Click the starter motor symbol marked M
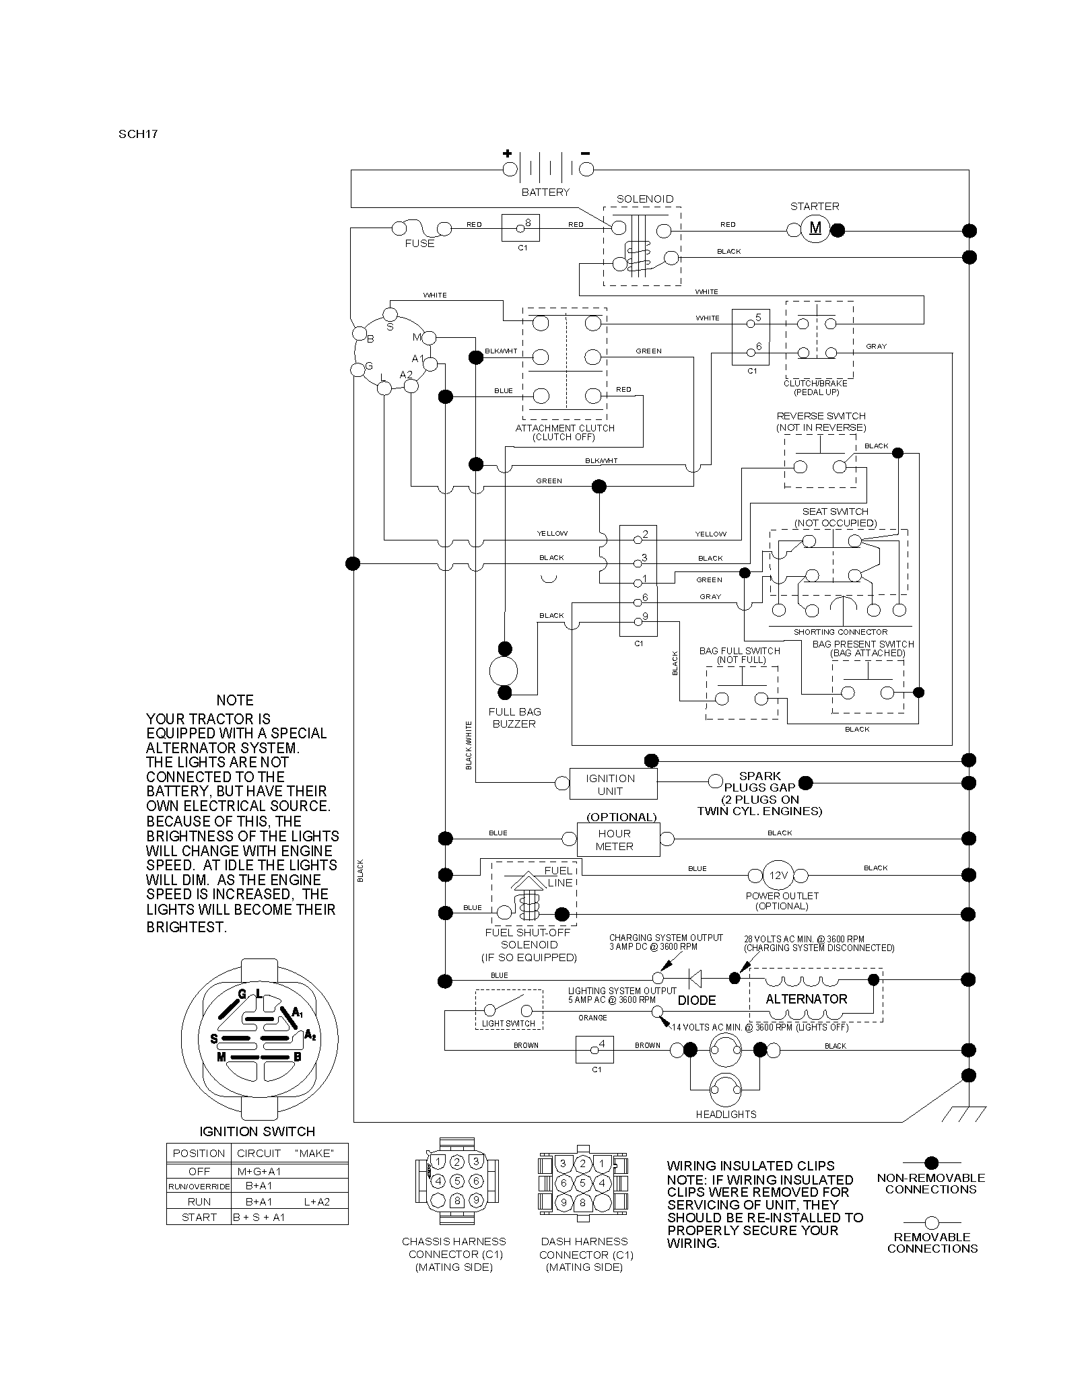click(815, 230)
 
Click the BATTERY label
click(545, 193)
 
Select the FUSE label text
click(419, 244)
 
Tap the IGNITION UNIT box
click(613, 784)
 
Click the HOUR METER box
click(618, 839)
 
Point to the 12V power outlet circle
click(778, 876)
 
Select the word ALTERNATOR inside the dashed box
click(807, 1000)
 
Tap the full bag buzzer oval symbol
click(504, 670)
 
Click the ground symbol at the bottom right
click(968, 1114)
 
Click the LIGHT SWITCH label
click(508, 1024)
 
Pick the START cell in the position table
click(199, 1217)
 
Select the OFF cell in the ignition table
click(199, 1171)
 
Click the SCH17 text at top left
click(138, 133)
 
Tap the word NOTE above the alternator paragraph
click(235, 701)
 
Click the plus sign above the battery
click(508, 153)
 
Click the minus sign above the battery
click(586, 153)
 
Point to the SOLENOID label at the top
click(645, 199)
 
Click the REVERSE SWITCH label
click(821, 416)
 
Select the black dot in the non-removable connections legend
click(932, 1162)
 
